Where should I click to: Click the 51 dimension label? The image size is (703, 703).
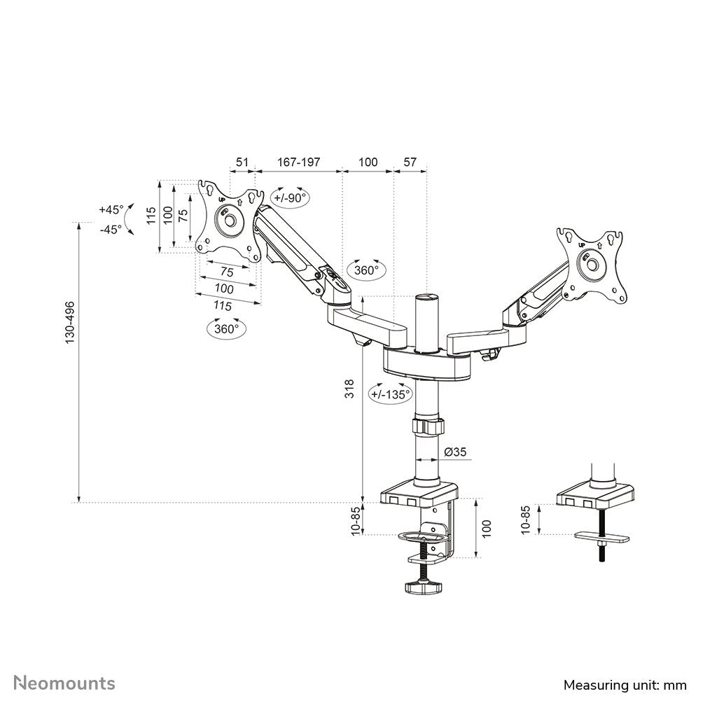pyautogui.click(x=242, y=162)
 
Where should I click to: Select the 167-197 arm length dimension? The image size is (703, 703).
pyautogui.click(x=298, y=162)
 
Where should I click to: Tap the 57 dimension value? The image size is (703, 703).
pyautogui.click(x=410, y=162)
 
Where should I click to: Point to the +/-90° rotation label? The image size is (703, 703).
pyautogui.click(x=290, y=197)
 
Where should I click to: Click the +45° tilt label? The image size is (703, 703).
pyautogui.click(x=111, y=209)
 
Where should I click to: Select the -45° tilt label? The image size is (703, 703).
pyautogui.click(x=111, y=228)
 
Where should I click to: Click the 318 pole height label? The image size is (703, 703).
pyautogui.click(x=350, y=389)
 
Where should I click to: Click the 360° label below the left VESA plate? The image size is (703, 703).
pyautogui.click(x=227, y=328)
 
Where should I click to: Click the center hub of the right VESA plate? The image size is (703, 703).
pyautogui.click(x=592, y=266)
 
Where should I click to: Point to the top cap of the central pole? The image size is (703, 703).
pyautogui.click(x=426, y=298)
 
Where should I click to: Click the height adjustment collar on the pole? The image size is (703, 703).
pyautogui.click(x=427, y=426)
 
